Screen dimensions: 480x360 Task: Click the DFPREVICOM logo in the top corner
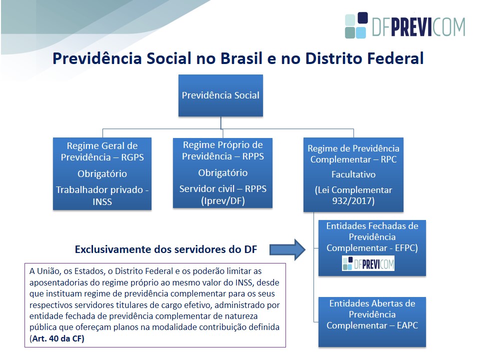(405, 25)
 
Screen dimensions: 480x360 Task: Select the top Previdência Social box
(220, 95)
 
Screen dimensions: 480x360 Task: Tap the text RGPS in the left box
(132, 157)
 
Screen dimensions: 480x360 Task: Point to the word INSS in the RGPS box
(102, 201)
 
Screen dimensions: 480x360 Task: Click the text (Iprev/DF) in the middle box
(223, 201)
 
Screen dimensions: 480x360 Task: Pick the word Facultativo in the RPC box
(353, 174)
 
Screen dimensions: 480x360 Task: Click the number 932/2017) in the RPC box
(353, 201)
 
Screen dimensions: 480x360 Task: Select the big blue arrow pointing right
(287, 250)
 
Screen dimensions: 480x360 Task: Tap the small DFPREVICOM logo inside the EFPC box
(368, 263)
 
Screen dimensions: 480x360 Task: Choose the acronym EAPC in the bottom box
(407, 325)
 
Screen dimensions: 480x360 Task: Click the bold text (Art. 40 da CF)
(57, 338)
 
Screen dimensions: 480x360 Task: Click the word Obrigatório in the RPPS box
(223, 173)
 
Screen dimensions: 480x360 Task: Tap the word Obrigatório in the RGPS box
(102, 174)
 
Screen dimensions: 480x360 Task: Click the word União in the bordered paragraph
(47, 271)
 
